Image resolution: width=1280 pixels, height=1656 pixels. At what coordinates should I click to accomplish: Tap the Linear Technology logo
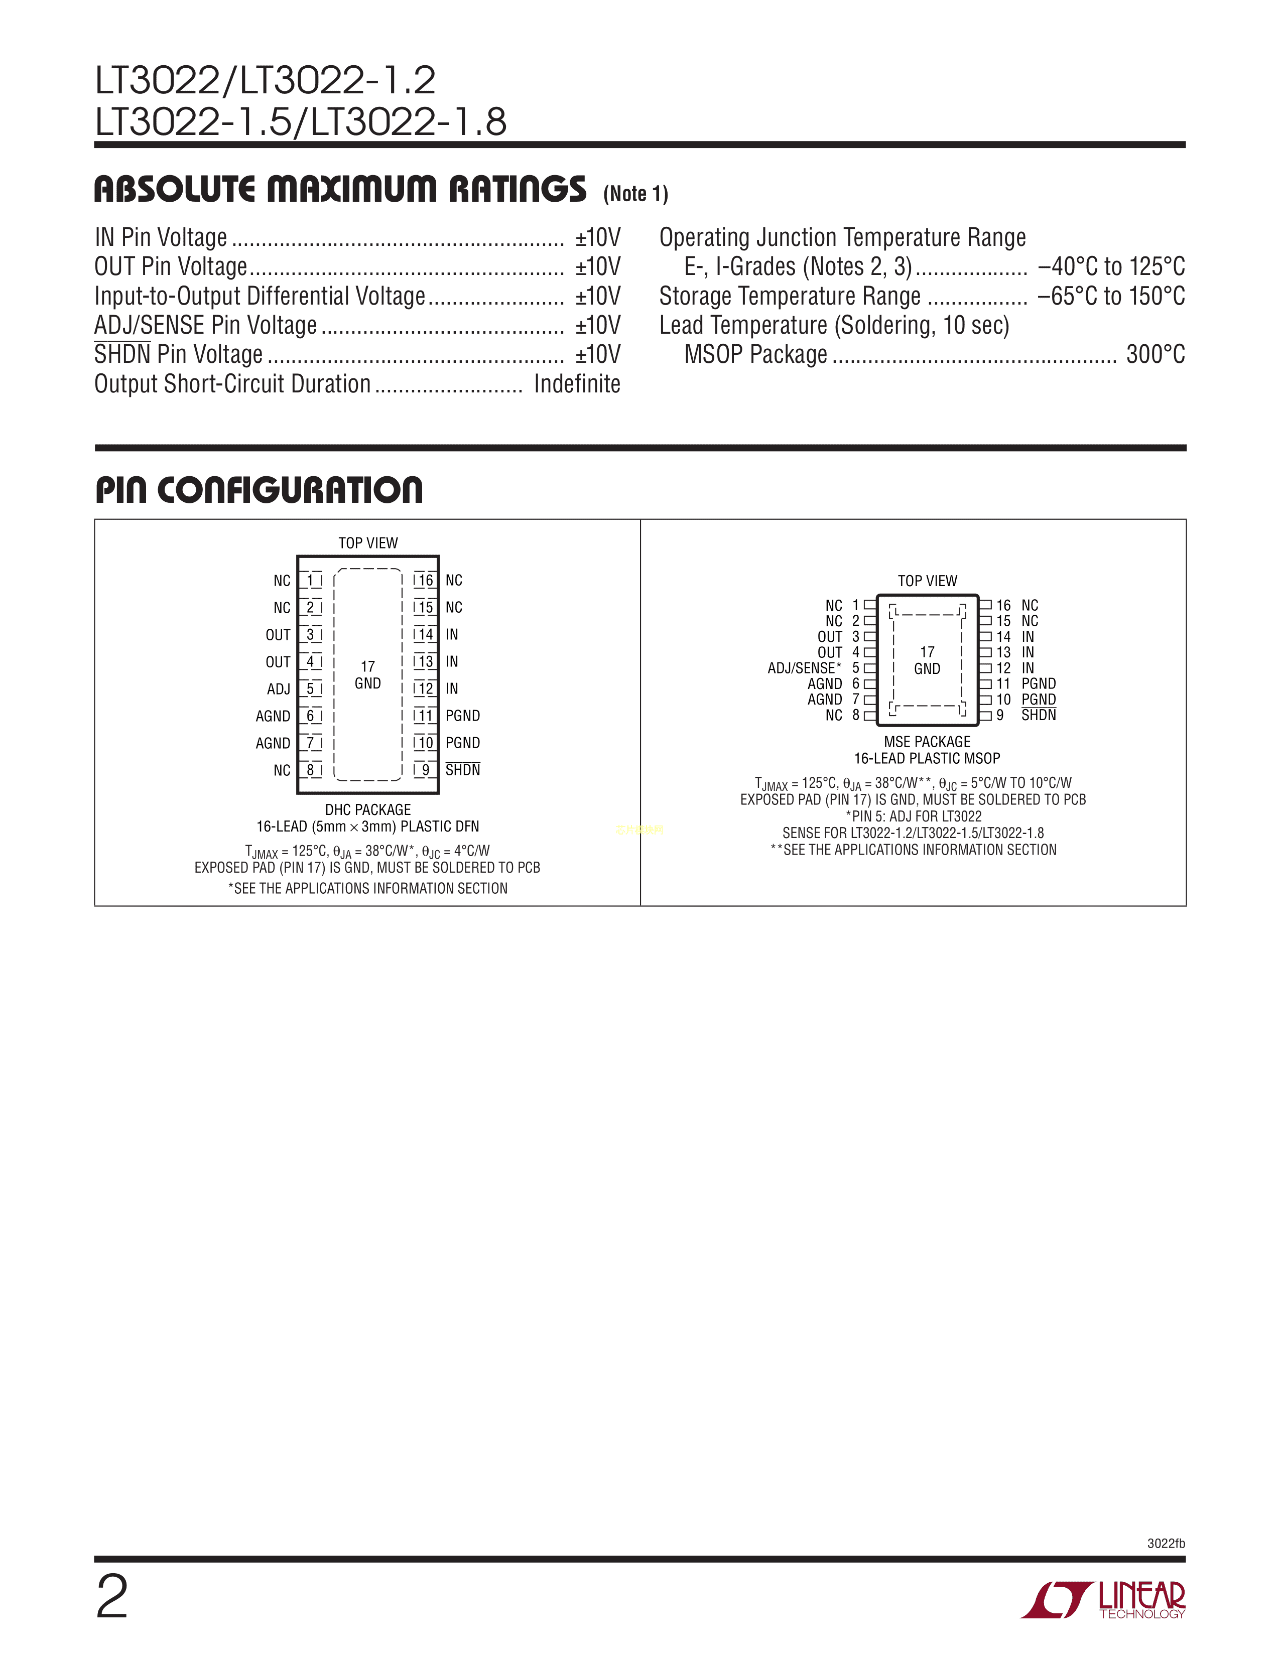(1103, 1601)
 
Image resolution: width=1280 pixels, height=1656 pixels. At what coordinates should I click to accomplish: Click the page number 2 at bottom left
(112, 1597)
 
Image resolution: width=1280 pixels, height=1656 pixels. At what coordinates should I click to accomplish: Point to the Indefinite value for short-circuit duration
(577, 384)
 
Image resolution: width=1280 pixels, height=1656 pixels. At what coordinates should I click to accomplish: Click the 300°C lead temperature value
(1156, 354)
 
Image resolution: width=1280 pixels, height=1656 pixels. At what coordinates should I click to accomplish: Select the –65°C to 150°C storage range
(1111, 296)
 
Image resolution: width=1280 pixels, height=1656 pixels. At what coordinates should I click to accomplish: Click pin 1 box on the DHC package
(310, 581)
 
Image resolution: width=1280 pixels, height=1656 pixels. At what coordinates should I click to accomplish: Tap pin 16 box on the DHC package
(425, 581)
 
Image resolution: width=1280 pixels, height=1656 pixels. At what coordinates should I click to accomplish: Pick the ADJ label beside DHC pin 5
(278, 689)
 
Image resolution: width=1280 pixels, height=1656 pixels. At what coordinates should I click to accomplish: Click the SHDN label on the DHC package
(463, 770)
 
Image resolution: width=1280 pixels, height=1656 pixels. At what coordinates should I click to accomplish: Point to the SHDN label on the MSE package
(1038, 715)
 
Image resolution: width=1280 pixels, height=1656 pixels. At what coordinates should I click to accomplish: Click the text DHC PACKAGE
(368, 810)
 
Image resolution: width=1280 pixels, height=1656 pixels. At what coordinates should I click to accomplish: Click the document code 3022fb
(1166, 1544)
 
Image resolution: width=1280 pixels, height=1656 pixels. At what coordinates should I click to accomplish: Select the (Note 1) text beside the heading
(635, 194)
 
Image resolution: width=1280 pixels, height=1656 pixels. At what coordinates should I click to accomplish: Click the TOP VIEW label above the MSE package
(928, 581)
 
